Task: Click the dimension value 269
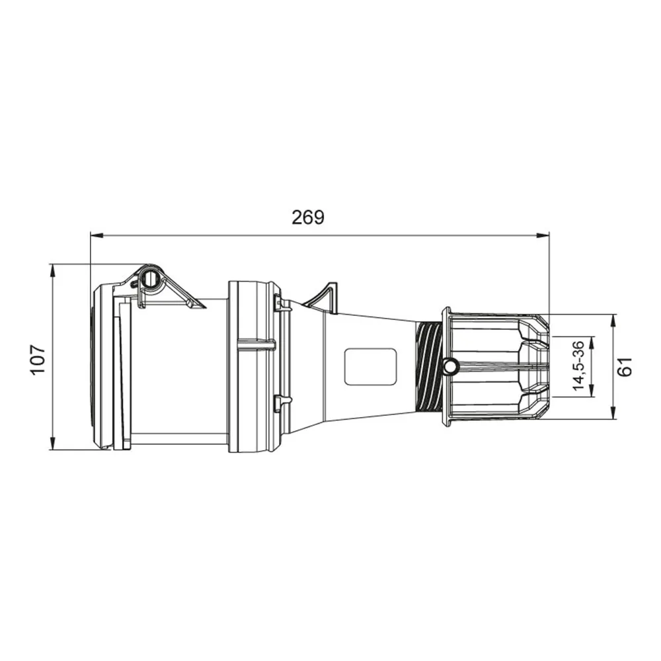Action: tap(308, 217)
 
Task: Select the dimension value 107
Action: tap(38, 359)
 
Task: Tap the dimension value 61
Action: tap(625, 366)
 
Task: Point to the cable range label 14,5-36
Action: tap(579, 366)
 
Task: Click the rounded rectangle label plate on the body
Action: tap(371, 366)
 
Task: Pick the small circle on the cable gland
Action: tap(450, 366)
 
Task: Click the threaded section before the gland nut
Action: tap(428, 366)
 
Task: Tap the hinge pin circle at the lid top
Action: tap(151, 278)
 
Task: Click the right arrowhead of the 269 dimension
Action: tap(543, 235)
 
